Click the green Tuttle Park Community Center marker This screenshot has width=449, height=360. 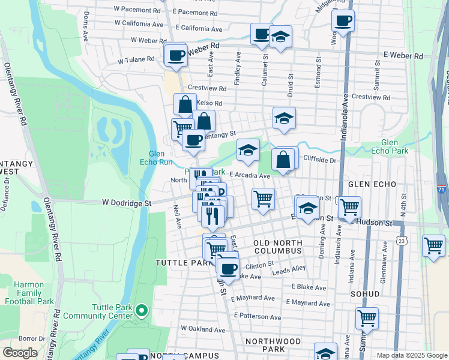pos(141,310)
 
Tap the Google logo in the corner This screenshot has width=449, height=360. pos(20,353)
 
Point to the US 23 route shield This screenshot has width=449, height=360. pos(400,239)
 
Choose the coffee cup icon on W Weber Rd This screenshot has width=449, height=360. pos(176,55)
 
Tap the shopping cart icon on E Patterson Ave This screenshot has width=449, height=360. pos(366,318)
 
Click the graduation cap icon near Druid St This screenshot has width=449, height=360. pos(284,118)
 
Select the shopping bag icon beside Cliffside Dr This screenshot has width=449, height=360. pos(283,159)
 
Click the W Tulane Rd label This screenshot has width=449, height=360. pos(136,60)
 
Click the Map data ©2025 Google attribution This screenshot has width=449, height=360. pos(411,355)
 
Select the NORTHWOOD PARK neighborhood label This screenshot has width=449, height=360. pos(273,345)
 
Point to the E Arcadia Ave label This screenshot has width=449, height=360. pos(249,176)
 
